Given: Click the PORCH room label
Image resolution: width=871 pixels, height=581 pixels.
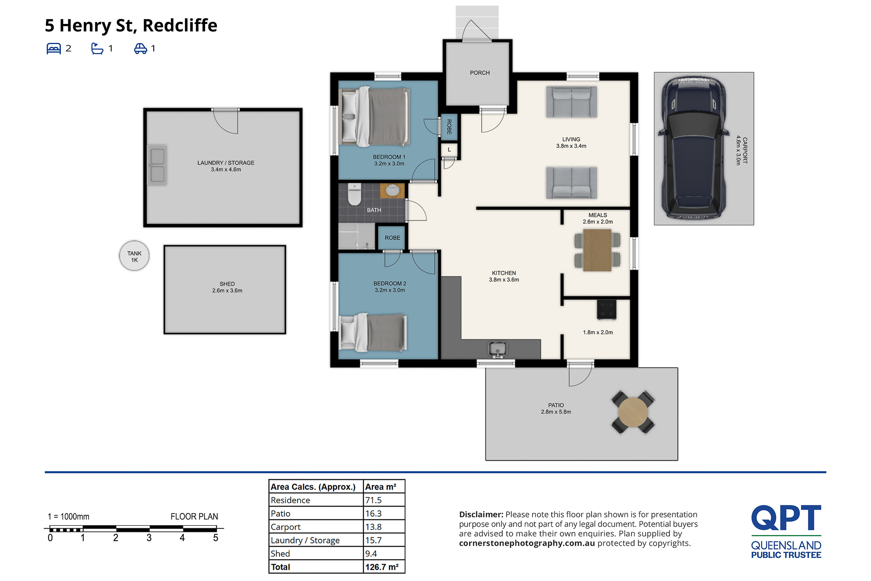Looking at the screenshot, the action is pyautogui.click(x=480, y=73).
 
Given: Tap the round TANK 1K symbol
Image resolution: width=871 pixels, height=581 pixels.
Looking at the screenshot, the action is pyautogui.click(x=134, y=256).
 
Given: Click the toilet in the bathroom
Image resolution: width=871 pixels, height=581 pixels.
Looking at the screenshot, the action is pyautogui.click(x=354, y=194).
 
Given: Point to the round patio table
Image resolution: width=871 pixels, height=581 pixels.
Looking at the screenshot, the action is pyautogui.click(x=633, y=412).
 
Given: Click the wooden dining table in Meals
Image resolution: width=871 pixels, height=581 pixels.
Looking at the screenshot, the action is pyautogui.click(x=597, y=250).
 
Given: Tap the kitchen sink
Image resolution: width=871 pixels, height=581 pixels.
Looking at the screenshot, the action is pyautogui.click(x=498, y=349).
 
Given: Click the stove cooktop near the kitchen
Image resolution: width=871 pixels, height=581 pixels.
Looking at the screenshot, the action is pyautogui.click(x=607, y=310).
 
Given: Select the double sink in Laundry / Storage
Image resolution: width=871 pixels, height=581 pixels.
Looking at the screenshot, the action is pyautogui.click(x=157, y=165).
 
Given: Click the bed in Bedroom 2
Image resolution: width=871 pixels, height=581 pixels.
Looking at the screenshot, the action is pyautogui.click(x=373, y=332).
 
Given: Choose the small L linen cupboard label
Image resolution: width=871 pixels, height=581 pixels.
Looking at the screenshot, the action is pyautogui.click(x=449, y=150).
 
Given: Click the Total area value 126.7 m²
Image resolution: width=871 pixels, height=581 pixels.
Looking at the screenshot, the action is pyautogui.click(x=382, y=567).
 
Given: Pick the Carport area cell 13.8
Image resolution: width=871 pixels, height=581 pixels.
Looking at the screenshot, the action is pyautogui.click(x=373, y=527).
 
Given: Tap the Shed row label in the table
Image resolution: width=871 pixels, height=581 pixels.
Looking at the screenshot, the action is pyautogui.click(x=280, y=554).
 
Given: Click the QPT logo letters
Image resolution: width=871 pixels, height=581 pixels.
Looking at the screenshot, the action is pyautogui.click(x=786, y=518).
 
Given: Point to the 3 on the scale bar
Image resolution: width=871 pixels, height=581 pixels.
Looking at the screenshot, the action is pyautogui.click(x=149, y=538).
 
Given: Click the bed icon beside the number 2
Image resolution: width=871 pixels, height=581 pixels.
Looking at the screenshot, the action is pyautogui.click(x=54, y=49).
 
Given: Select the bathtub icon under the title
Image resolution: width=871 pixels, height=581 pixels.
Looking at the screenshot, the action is pyautogui.click(x=97, y=49).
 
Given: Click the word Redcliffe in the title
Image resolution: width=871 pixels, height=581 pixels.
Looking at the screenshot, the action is pyautogui.click(x=180, y=25).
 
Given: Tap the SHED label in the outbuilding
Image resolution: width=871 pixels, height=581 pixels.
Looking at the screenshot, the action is pyautogui.click(x=227, y=284).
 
